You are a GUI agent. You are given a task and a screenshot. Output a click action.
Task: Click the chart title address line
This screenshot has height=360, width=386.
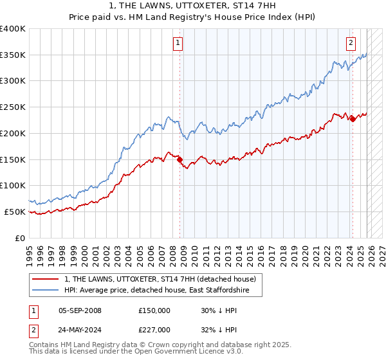tap(192, 6)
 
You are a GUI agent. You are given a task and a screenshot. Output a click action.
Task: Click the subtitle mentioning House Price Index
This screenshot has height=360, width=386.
tap(192, 17)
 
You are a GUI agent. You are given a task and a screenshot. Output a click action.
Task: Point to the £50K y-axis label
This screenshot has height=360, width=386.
tap(15, 212)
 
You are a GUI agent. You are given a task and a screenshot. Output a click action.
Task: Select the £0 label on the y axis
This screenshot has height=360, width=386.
tap(19, 238)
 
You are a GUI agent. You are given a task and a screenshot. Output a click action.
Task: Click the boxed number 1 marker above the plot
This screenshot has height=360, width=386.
tap(177, 44)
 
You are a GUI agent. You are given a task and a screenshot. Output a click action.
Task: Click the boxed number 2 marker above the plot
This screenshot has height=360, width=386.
tap(351, 44)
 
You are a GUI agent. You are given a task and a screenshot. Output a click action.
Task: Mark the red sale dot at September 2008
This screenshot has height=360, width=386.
tap(179, 159)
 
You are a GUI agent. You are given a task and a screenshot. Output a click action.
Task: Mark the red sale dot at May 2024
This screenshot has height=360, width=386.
tap(353, 119)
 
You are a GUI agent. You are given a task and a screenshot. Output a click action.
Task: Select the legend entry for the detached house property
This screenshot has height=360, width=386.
tap(160, 279)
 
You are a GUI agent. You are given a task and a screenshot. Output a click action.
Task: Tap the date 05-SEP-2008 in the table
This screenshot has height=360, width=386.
tap(80, 310)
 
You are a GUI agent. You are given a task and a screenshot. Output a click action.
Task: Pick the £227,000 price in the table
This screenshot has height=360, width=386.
tap(154, 330)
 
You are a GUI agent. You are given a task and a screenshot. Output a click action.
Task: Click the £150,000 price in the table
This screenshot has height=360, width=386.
tap(154, 310)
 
